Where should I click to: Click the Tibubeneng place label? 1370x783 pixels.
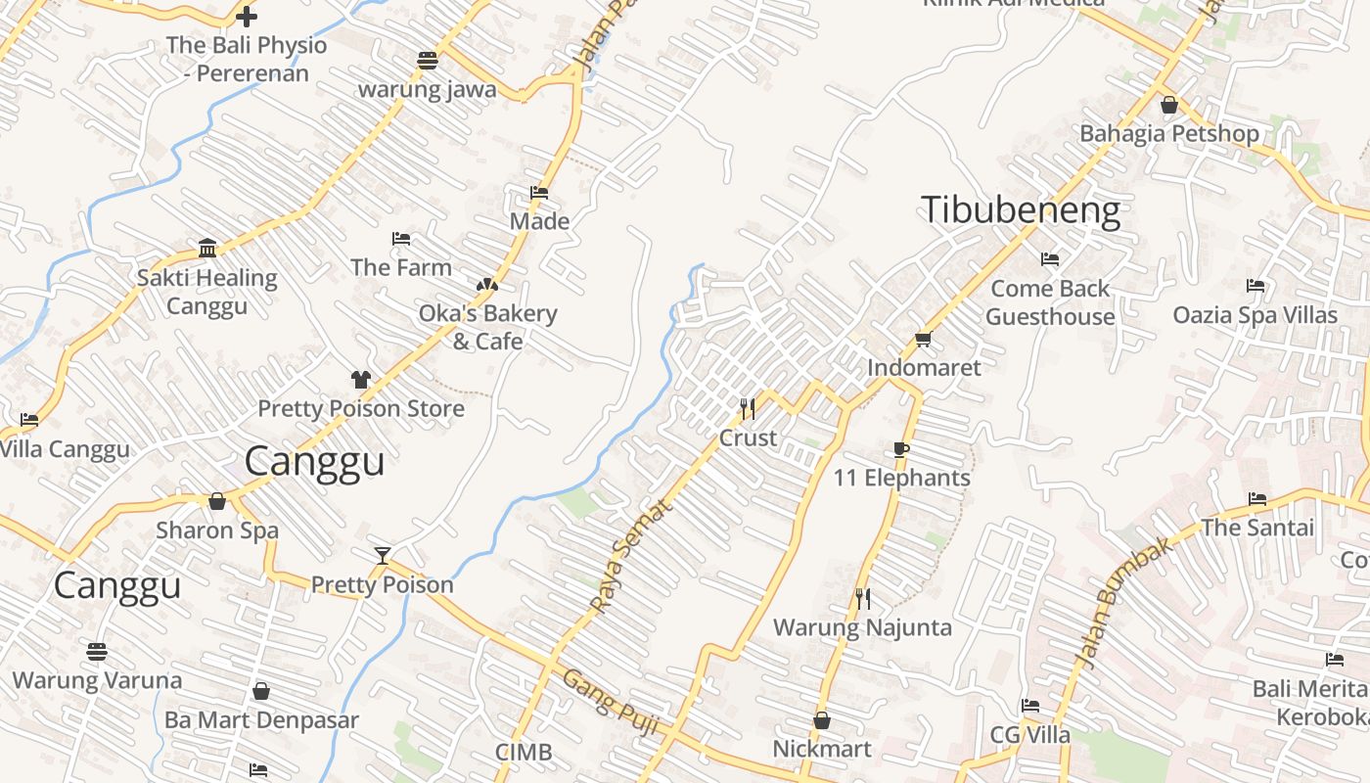pos(1021,209)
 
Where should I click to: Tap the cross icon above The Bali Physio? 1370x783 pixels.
pos(247,17)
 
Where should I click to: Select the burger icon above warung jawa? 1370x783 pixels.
pos(427,60)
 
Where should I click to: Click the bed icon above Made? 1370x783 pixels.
pos(539,193)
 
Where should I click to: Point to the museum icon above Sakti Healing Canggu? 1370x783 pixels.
pos(206,249)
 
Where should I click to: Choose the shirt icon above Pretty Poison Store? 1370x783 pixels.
pos(361,380)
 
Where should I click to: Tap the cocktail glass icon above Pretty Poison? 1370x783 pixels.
pos(383,556)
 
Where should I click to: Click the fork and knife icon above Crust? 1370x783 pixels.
pos(748,409)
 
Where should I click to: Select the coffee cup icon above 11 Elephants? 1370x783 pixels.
pos(901,449)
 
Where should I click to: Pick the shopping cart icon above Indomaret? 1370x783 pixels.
pos(923,340)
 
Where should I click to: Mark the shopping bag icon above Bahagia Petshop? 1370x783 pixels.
pos(1168,105)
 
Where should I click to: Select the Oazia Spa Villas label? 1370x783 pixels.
pos(1255,315)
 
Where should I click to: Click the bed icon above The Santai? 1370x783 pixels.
pos(1257,499)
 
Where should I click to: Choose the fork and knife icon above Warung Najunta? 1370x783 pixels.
pos(862,598)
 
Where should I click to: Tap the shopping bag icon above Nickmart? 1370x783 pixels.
pos(822,720)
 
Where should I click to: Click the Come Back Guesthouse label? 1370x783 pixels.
pos(1050,302)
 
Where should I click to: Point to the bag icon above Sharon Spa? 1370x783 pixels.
pos(217,501)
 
